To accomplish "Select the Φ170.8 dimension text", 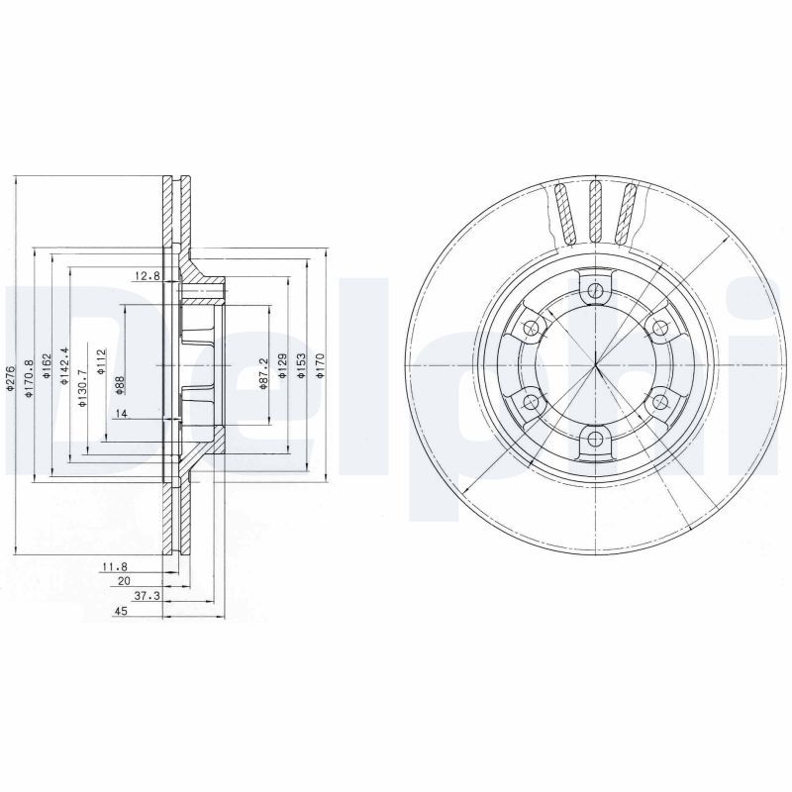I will (x=30, y=377).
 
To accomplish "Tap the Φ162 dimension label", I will (x=47, y=369).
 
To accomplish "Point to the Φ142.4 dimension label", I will (x=64, y=366).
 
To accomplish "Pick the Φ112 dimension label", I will (x=101, y=362).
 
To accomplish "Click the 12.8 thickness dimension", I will (x=146, y=275).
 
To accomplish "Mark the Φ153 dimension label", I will (x=302, y=364).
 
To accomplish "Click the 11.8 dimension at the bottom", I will (x=115, y=566).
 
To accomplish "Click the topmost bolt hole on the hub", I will (x=594, y=290).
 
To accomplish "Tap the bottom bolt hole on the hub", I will (x=594, y=439).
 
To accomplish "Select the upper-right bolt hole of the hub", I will (x=658, y=328).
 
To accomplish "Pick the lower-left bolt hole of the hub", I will (x=530, y=401).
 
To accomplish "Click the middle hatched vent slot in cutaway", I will (x=594, y=210).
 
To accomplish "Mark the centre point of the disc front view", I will (x=594, y=364).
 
